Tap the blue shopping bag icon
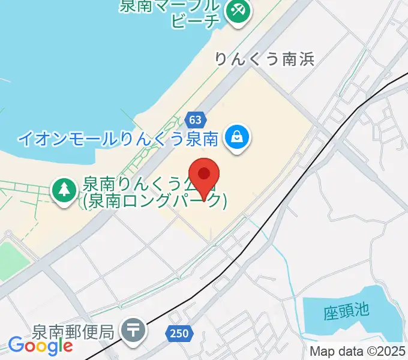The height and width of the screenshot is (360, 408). pyautogui.click(x=238, y=139)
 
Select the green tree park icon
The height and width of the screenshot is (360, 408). pyautogui.click(x=63, y=190)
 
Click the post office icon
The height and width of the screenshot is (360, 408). pyautogui.click(x=133, y=330)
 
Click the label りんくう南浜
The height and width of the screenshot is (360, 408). pyautogui.click(x=265, y=59)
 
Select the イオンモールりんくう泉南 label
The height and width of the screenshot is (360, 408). pyautogui.click(x=116, y=139)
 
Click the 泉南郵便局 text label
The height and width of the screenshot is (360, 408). pyautogui.click(x=73, y=331)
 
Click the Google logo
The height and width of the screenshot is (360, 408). pyautogui.click(x=40, y=346)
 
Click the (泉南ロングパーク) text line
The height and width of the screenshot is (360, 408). pyautogui.click(x=155, y=201)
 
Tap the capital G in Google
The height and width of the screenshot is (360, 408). pyautogui.click(x=15, y=345)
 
